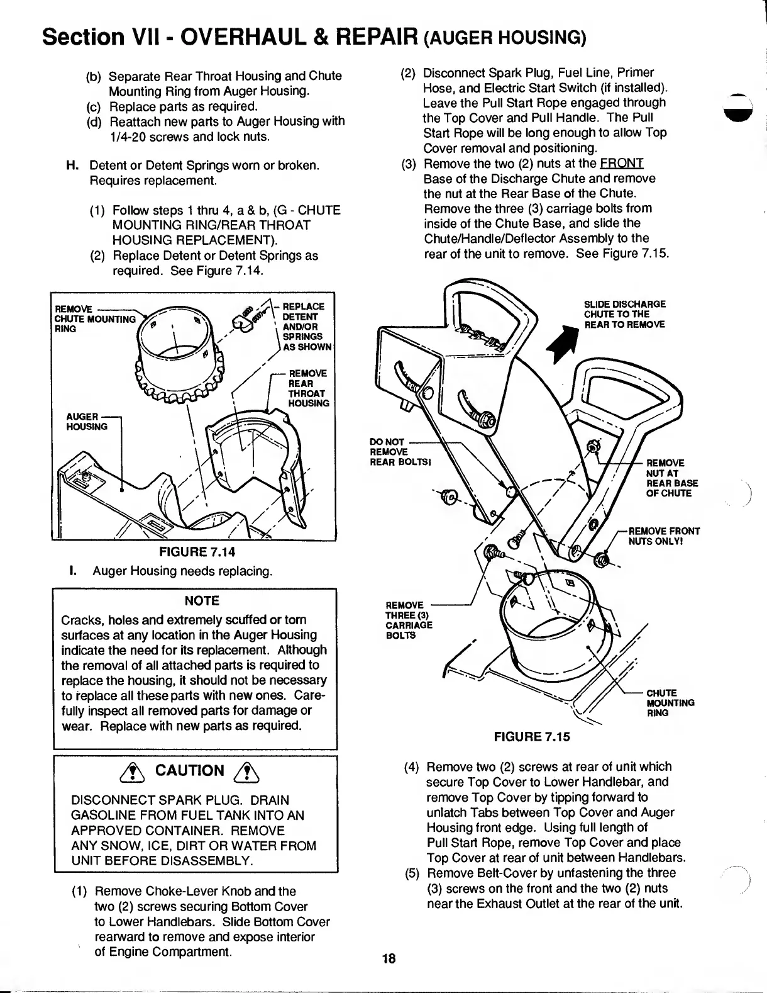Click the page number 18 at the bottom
pos(389,958)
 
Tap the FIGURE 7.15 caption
pos(532,736)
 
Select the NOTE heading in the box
pos(202,600)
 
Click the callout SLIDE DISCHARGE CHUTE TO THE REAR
pos(625,314)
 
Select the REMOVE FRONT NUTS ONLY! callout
pos(664,536)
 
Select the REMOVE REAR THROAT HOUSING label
pos(308,388)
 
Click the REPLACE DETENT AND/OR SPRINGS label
pos(308,326)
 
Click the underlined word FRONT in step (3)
pos(621,164)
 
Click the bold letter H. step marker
pos(72,165)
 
